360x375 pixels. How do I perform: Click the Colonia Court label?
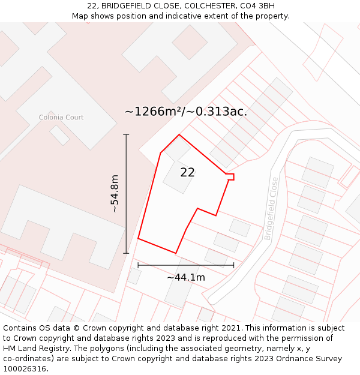pos(61,118)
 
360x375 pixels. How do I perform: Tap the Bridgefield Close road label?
pos(272,208)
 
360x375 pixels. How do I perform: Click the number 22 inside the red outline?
pos(187,172)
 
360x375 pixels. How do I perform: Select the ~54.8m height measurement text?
pos(114,194)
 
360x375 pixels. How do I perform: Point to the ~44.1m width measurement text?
pos(186,277)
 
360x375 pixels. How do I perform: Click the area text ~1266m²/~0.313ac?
pos(186,112)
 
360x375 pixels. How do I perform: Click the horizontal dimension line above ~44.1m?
pos(186,265)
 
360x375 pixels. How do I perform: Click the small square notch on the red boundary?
pos(230,176)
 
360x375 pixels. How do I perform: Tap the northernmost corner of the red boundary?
pos(179,134)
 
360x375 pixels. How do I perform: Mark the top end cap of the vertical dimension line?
pos(126,134)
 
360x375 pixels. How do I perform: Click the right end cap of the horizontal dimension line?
pos(234,265)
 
